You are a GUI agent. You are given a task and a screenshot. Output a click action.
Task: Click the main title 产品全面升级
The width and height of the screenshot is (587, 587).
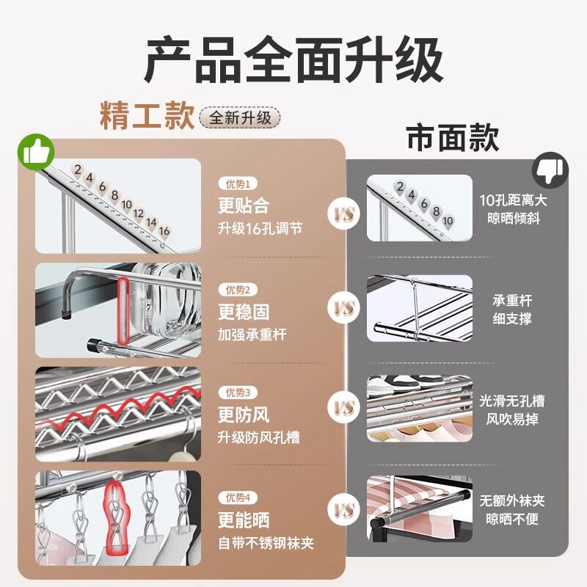pyautogui.click(x=293, y=62)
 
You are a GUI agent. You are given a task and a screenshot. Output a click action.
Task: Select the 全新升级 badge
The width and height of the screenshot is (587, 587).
pyautogui.click(x=240, y=117)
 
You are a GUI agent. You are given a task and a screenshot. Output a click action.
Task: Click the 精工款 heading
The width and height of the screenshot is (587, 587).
pyautogui.click(x=147, y=117)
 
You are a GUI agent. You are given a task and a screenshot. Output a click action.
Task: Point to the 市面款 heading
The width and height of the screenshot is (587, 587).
pyautogui.click(x=453, y=137)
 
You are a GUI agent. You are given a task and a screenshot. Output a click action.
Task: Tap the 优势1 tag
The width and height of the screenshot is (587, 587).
pyautogui.click(x=238, y=184)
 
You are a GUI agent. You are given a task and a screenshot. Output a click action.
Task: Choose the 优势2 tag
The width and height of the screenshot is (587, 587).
pyautogui.click(x=238, y=289)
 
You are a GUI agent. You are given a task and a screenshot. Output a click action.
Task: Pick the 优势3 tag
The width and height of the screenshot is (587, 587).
pyautogui.click(x=238, y=393)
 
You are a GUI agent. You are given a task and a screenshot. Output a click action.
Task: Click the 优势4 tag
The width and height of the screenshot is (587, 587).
pyautogui.click(x=238, y=497)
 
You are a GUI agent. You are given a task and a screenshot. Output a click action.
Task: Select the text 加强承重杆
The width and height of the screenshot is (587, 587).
pyautogui.click(x=252, y=335)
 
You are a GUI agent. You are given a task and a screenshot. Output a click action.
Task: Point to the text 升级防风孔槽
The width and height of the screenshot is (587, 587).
pyautogui.click(x=258, y=439)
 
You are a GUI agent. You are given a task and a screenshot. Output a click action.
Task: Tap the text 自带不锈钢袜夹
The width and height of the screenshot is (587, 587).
pyautogui.click(x=266, y=544)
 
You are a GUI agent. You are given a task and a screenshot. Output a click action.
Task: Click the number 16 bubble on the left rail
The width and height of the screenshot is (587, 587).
pyautogui.click(x=164, y=231)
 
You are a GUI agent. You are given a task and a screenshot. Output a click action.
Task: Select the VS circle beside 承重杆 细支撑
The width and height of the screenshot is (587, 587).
pyautogui.click(x=344, y=308)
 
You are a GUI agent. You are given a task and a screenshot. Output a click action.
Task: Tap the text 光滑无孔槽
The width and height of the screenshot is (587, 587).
pyautogui.click(x=512, y=401)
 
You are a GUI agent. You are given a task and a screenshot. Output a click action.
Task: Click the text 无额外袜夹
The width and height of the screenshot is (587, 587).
pyautogui.click(x=512, y=502)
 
